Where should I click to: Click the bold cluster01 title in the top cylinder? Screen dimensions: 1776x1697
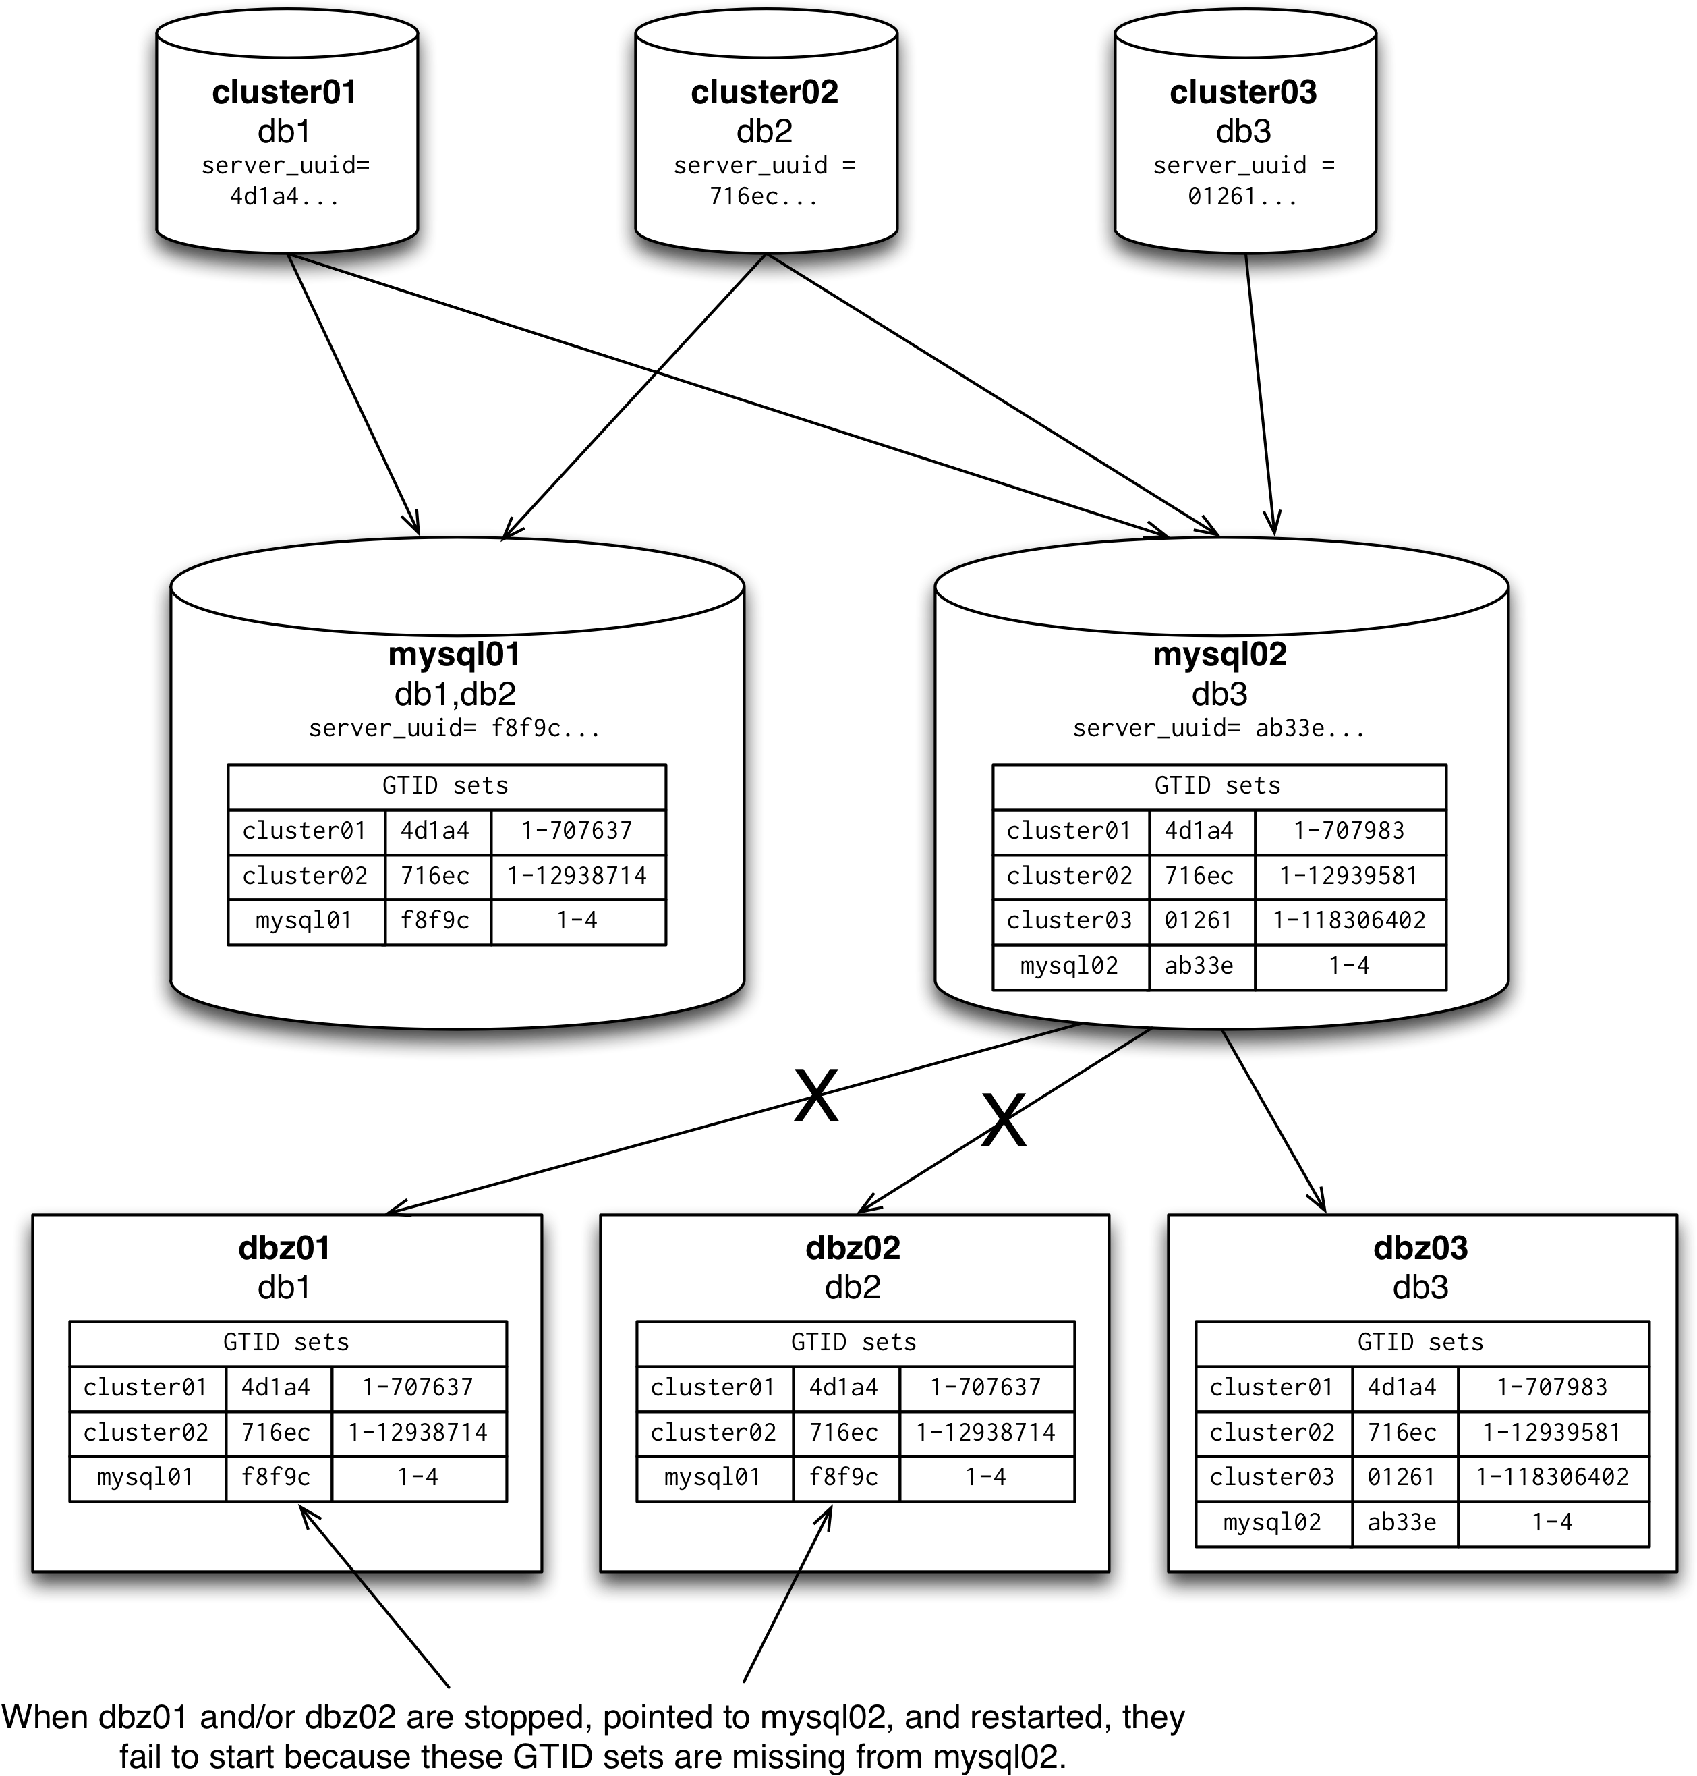click(x=284, y=92)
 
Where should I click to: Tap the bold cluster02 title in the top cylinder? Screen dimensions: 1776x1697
click(x=764, y=92)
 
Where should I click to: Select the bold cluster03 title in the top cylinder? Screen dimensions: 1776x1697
click(x=1243, y=92)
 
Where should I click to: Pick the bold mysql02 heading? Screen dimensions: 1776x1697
click(x=1219, y=654)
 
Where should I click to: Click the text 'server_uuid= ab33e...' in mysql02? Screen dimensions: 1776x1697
click(x=1219, y=728)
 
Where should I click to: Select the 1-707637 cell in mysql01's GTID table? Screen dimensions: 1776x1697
click(x=577, y=831)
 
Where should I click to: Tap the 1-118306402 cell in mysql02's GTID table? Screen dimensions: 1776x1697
click(x=1349, y=921)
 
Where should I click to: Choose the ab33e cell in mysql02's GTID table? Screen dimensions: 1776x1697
click(x=1199, y=966)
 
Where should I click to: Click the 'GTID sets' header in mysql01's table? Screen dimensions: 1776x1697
click(x=445, y=785)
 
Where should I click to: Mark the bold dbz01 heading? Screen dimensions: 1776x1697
click(x=284, y=1248)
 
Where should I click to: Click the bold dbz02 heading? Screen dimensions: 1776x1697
click(x=853, y=1248)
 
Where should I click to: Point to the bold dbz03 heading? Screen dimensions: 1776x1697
click(x=1420, y=1248)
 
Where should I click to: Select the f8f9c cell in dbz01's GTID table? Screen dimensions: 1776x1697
click(x=276, y=1478)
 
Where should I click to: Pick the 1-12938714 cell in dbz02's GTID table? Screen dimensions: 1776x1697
click(x=985, y=1432)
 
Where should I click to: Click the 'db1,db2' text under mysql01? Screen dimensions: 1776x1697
click(x=455, y=694)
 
